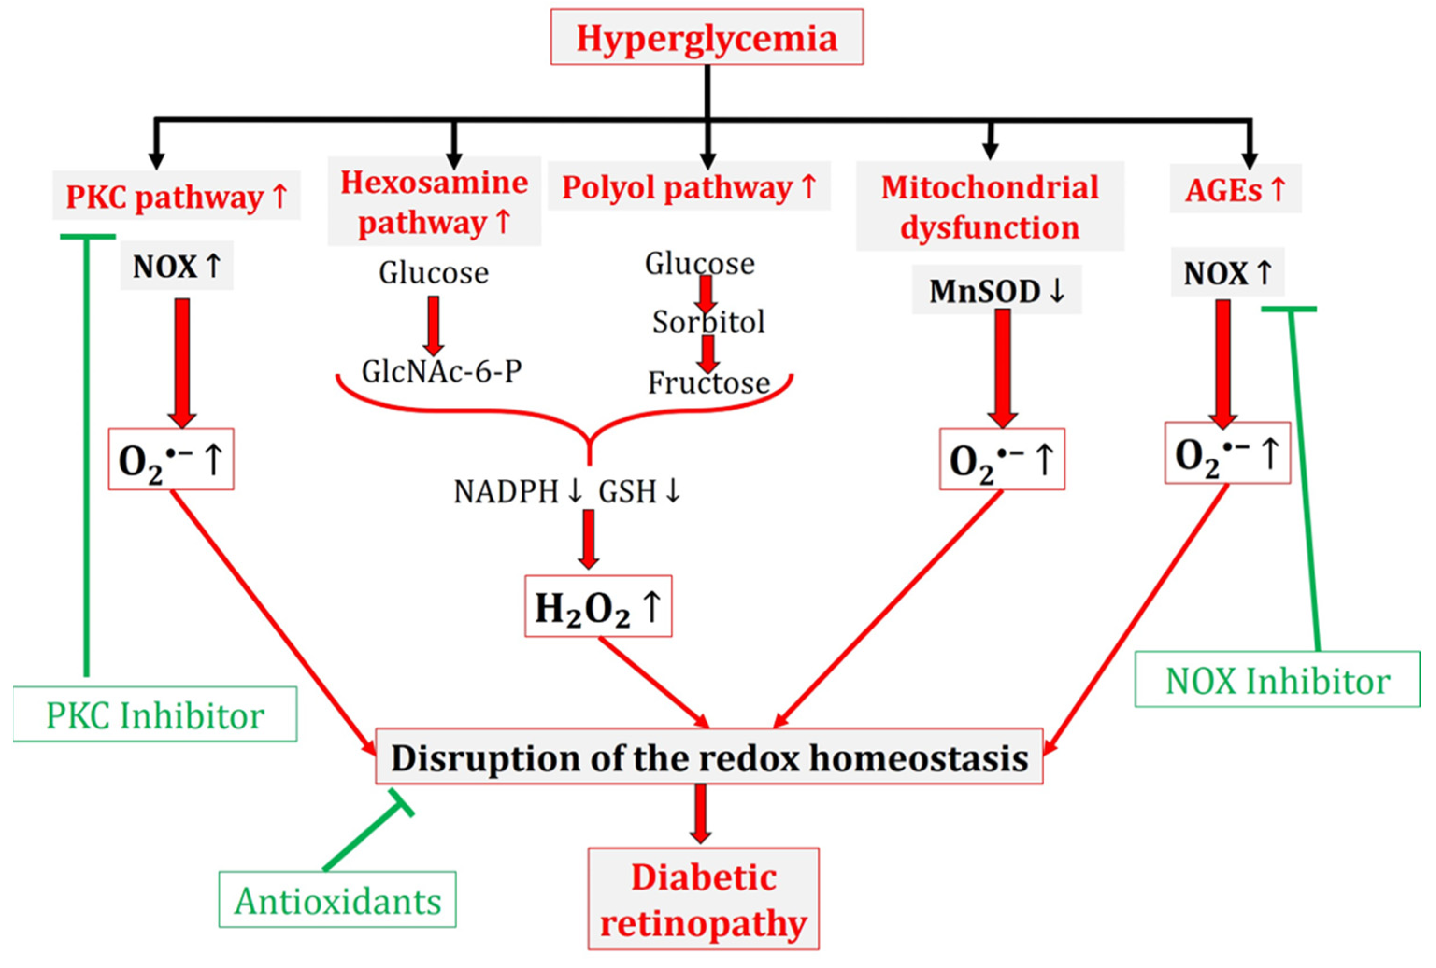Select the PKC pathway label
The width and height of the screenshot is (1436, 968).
(x=176, y=196)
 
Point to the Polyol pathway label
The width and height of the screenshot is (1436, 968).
(x=689, y=186)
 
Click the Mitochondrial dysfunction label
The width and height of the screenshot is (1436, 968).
(x=989, y=207)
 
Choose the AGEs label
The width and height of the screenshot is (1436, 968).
(x=1235, y=189)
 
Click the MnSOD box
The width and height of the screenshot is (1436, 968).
(x=996, y=290)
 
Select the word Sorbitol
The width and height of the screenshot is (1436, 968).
(x=708, y=322)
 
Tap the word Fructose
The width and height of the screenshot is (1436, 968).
(x=708, y=383)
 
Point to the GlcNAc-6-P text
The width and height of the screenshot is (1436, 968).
(x=442, y=371)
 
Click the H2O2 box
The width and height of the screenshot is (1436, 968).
(x=598, y=608)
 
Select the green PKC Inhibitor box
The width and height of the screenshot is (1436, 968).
(x=155, y=715)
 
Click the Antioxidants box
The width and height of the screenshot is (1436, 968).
(x=337, y=900)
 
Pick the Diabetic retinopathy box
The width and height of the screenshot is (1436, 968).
(x=703, y=899)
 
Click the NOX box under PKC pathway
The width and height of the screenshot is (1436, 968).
(x=177, y=266)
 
